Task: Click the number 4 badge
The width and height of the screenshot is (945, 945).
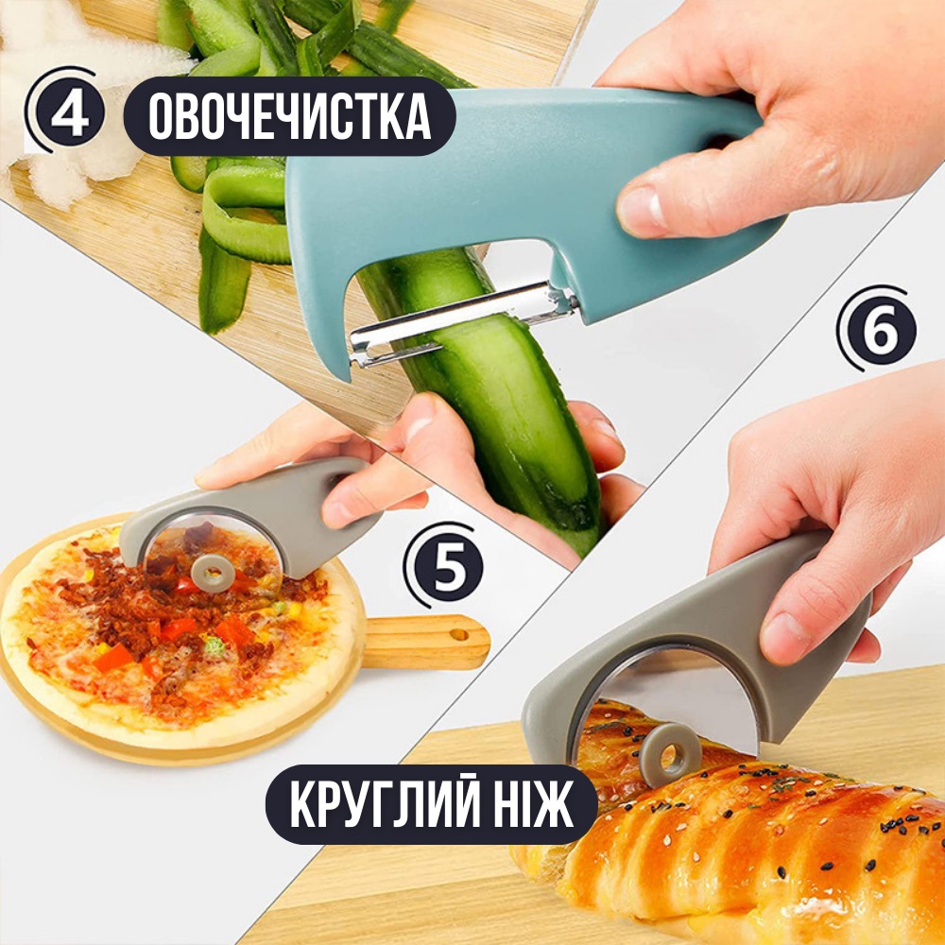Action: click(x=69, y=112)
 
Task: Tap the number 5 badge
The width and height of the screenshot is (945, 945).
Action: click(x=448, y=566)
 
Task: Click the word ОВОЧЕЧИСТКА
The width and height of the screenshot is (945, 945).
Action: click(x=289, y=116)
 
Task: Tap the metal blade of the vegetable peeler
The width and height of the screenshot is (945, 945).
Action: click(x=461, y=322)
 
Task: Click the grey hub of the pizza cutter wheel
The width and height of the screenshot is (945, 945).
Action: click(x=213, y=574)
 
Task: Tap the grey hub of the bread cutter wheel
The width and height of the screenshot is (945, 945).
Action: click(x=670, y=754)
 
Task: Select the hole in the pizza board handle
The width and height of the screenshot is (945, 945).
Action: click(x=459, y=635)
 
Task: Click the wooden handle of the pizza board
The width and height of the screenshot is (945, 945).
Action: click(x=425, y=642)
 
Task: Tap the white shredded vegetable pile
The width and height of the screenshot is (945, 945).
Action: click(x=78, y=102)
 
